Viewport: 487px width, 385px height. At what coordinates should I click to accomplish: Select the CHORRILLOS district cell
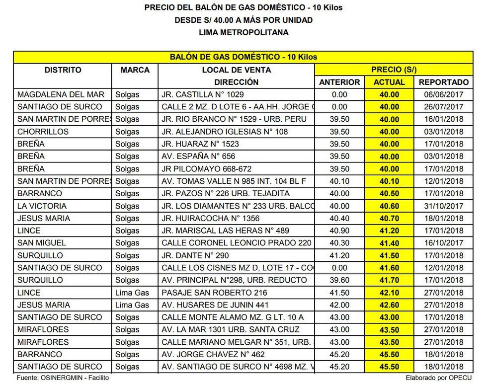43,132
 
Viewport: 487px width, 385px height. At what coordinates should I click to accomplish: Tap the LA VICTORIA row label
42,206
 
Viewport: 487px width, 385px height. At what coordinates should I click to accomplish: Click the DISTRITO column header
63,70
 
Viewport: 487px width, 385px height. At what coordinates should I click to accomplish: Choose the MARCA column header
135,70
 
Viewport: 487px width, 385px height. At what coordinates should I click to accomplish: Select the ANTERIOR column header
339,82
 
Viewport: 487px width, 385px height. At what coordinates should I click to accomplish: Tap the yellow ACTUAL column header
389,82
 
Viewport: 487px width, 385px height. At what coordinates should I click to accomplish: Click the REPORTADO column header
444,82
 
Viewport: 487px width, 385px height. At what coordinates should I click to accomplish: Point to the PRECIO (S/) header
394,70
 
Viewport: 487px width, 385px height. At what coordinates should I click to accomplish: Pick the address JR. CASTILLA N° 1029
203,94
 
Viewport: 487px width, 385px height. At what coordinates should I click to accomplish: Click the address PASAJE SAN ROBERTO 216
215,293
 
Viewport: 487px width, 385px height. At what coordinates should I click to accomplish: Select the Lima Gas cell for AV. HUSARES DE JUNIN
132,305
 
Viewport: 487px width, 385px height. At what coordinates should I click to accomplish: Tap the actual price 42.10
389,293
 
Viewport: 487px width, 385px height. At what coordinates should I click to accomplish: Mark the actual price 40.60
389,206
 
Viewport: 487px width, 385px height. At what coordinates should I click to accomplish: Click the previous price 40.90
339,231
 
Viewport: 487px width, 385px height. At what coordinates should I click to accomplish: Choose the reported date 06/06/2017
444,94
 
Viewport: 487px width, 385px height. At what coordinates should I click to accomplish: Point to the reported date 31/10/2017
444,206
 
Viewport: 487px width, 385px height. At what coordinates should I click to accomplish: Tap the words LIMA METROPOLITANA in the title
243,32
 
